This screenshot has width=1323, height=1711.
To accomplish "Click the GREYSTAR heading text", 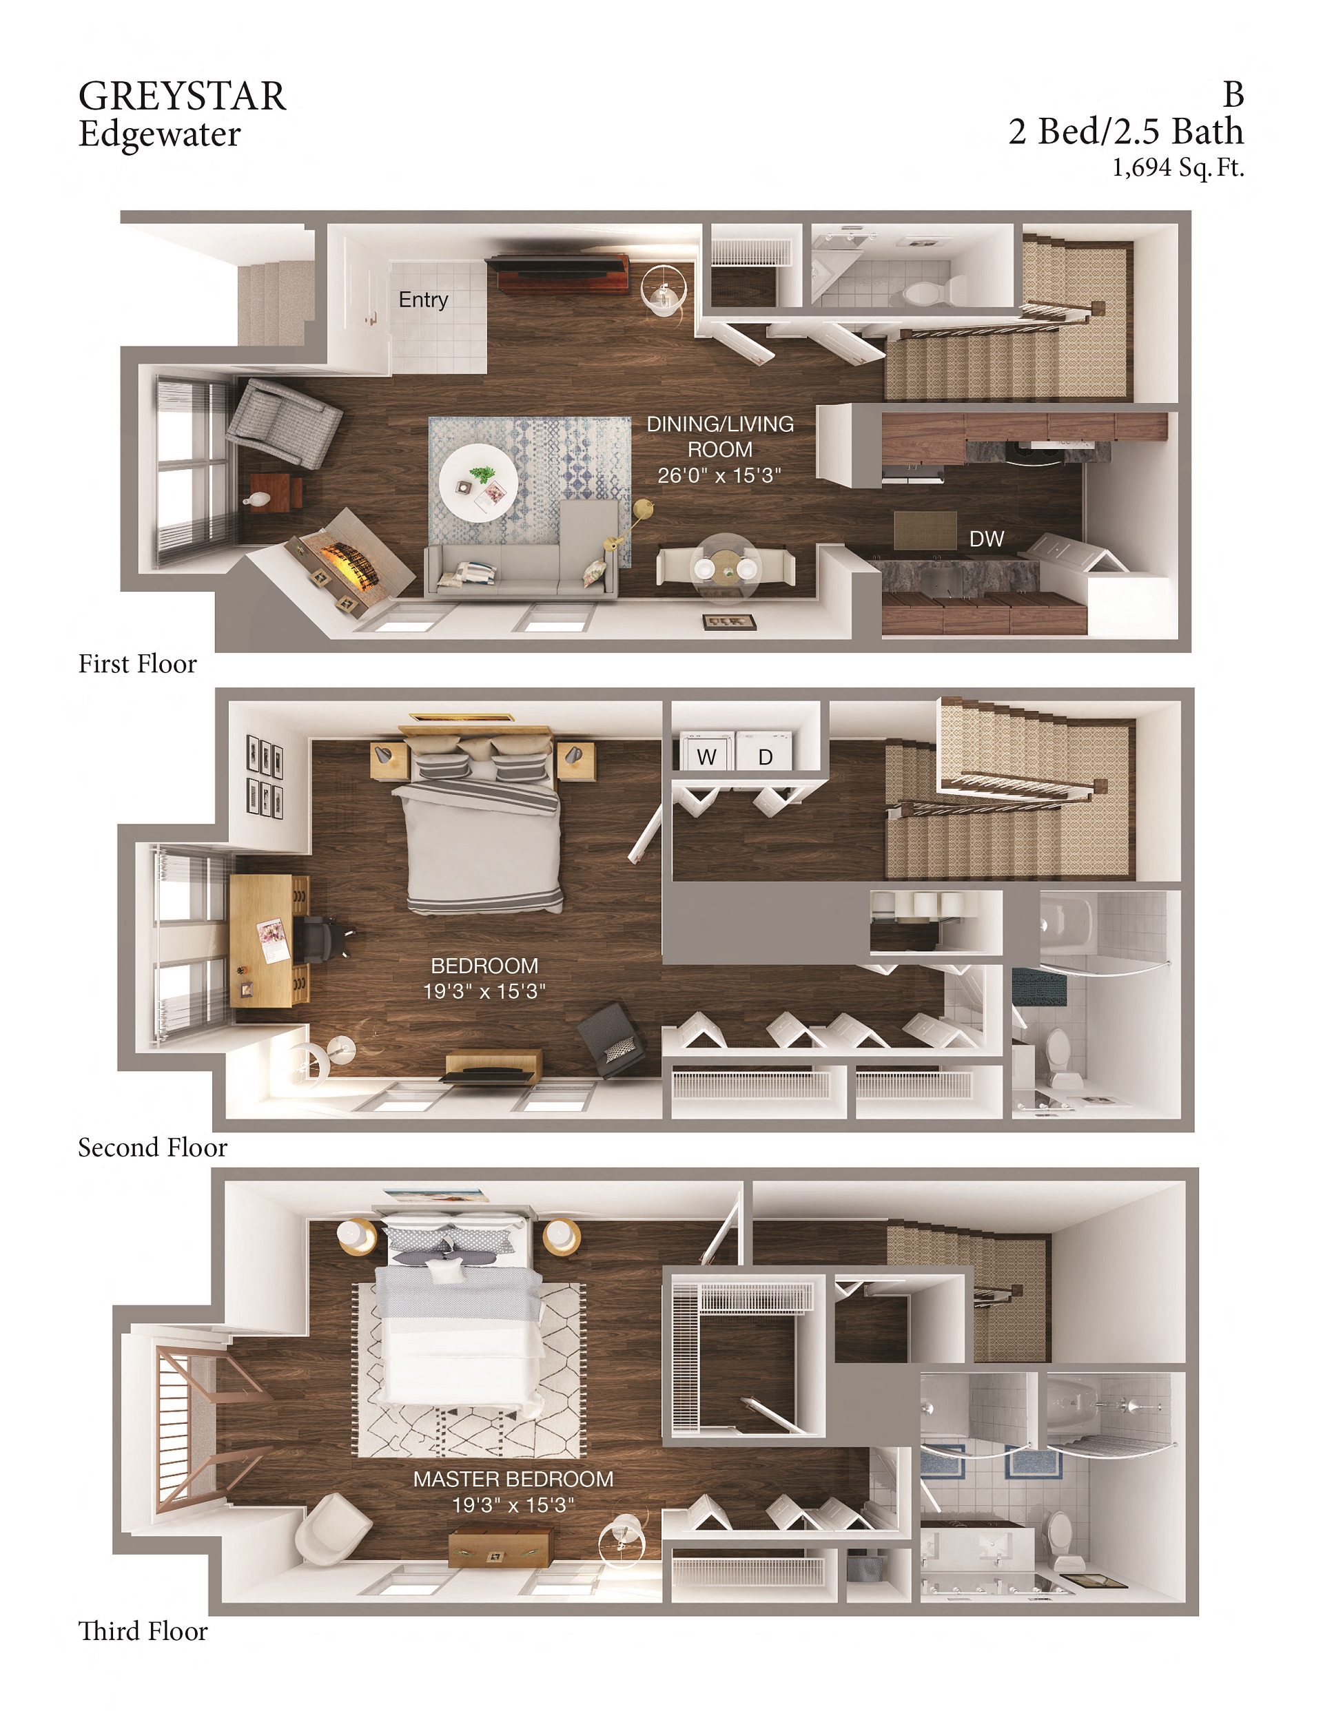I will (x=182, y=96).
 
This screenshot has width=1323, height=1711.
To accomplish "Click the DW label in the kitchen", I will (x=986, y=539).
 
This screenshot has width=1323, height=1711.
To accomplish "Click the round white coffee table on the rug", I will (x=478, y=484).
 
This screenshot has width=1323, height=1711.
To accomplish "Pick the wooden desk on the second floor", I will (x=267, y=940).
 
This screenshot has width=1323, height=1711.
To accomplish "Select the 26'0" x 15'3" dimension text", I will (x=719, y=475).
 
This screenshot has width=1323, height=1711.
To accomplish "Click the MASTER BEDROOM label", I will (x=513, y=1479).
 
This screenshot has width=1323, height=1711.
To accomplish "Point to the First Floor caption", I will (x=137, y=663).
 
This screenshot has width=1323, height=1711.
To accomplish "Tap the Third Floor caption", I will (x=143, y=1630).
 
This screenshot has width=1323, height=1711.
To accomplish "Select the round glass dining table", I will (x=725, y=567).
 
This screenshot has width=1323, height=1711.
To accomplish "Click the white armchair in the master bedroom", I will (x=331, y=1527).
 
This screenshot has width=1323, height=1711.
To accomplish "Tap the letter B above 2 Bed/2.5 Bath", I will (x=1233, y=95).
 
